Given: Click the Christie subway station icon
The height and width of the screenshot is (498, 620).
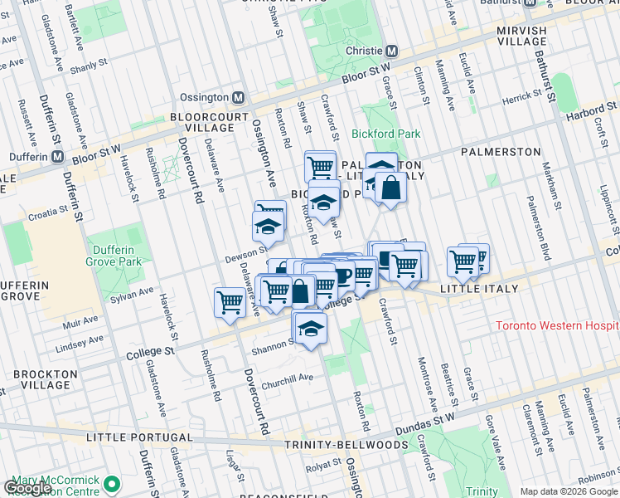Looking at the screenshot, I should pyautogui.click(x=393, y=51).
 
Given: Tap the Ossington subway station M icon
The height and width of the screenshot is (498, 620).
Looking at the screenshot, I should pyautogui.click(x=239, y=97).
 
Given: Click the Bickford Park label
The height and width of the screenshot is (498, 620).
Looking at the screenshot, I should pyautogui.click(x=385, y=134).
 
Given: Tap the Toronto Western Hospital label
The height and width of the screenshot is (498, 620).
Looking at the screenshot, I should pyautogui.click(x=557, y=325).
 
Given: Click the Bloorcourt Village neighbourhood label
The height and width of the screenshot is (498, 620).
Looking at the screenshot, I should pyautogui.click(x=202, y=123).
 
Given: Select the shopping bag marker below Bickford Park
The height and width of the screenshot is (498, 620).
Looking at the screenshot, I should pyautogui.click(x=390, y=188).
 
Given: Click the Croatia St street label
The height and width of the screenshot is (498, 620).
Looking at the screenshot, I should pyautogui.click(x=47, y=213).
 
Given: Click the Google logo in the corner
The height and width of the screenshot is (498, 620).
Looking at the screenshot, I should pyautogui.click(x=27, y=487).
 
